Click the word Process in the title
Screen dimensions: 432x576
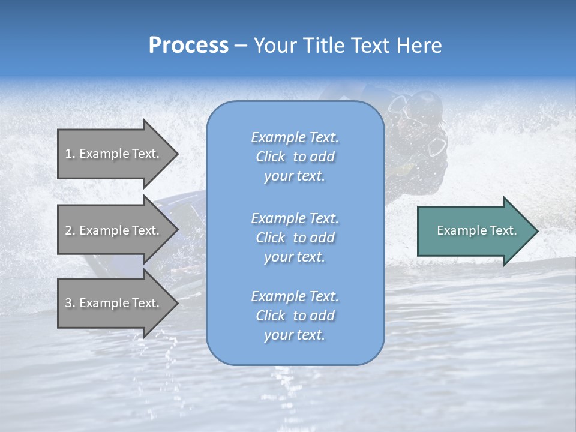pos(188,46)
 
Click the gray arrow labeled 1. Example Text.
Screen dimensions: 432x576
pos(114,154)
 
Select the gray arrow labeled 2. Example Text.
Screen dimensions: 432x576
pos(114,230)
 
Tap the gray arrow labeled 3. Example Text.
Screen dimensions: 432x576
pos(114,303)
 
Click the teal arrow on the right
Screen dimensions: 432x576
pos(474,230)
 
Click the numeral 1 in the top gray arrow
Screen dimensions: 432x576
pos(68,154)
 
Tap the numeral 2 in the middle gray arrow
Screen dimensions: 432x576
pos(68,230)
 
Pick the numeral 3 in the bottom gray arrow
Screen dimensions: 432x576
pos(68,303)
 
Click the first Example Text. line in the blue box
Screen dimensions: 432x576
pos(295,137)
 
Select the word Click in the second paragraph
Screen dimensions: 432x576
pos(270,238)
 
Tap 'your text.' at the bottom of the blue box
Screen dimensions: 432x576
pos(295,335)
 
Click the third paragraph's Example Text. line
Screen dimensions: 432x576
pos(295,296)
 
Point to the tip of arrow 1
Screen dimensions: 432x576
pos(177,154)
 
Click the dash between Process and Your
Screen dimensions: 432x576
pos(241,46)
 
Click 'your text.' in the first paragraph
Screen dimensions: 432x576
pos(295,176)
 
